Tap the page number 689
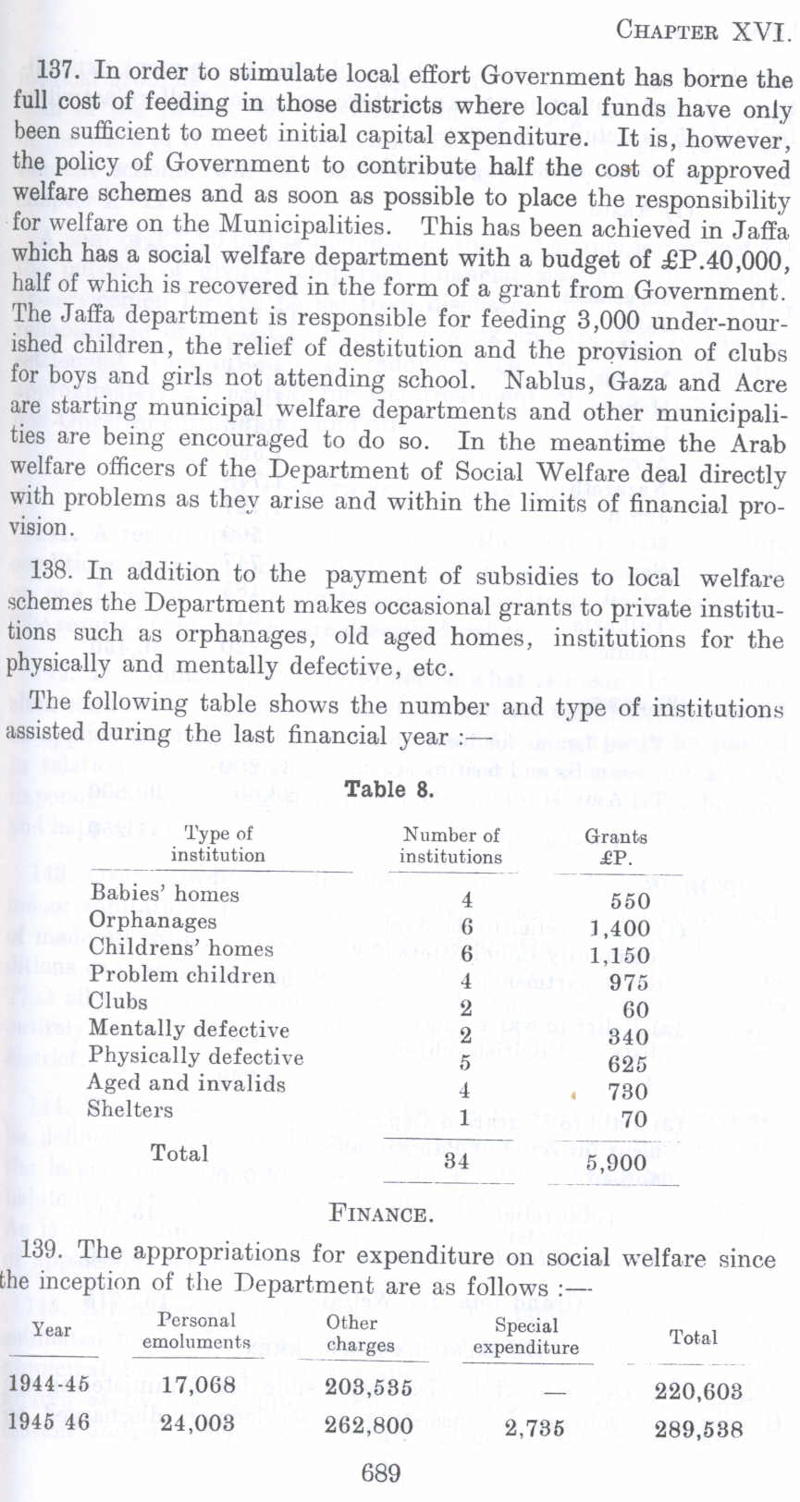pos(380,1472)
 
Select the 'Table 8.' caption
pos(388,790)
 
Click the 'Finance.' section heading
pos(380,1214)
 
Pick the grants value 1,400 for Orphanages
pos(621,929)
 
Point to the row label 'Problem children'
pos(182,975)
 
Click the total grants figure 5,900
pos(616,1163)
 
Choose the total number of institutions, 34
pos(456,1161)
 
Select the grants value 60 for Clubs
pos(634,1009)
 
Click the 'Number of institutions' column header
pos(450,846)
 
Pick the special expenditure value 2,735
pos(535,1427)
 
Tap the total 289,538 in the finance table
pos(698,1429)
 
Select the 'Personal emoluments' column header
pos(196,1331)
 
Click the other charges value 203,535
pos(368,1387)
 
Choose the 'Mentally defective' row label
pos(189,1029)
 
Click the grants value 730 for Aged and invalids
pos(628,1092)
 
